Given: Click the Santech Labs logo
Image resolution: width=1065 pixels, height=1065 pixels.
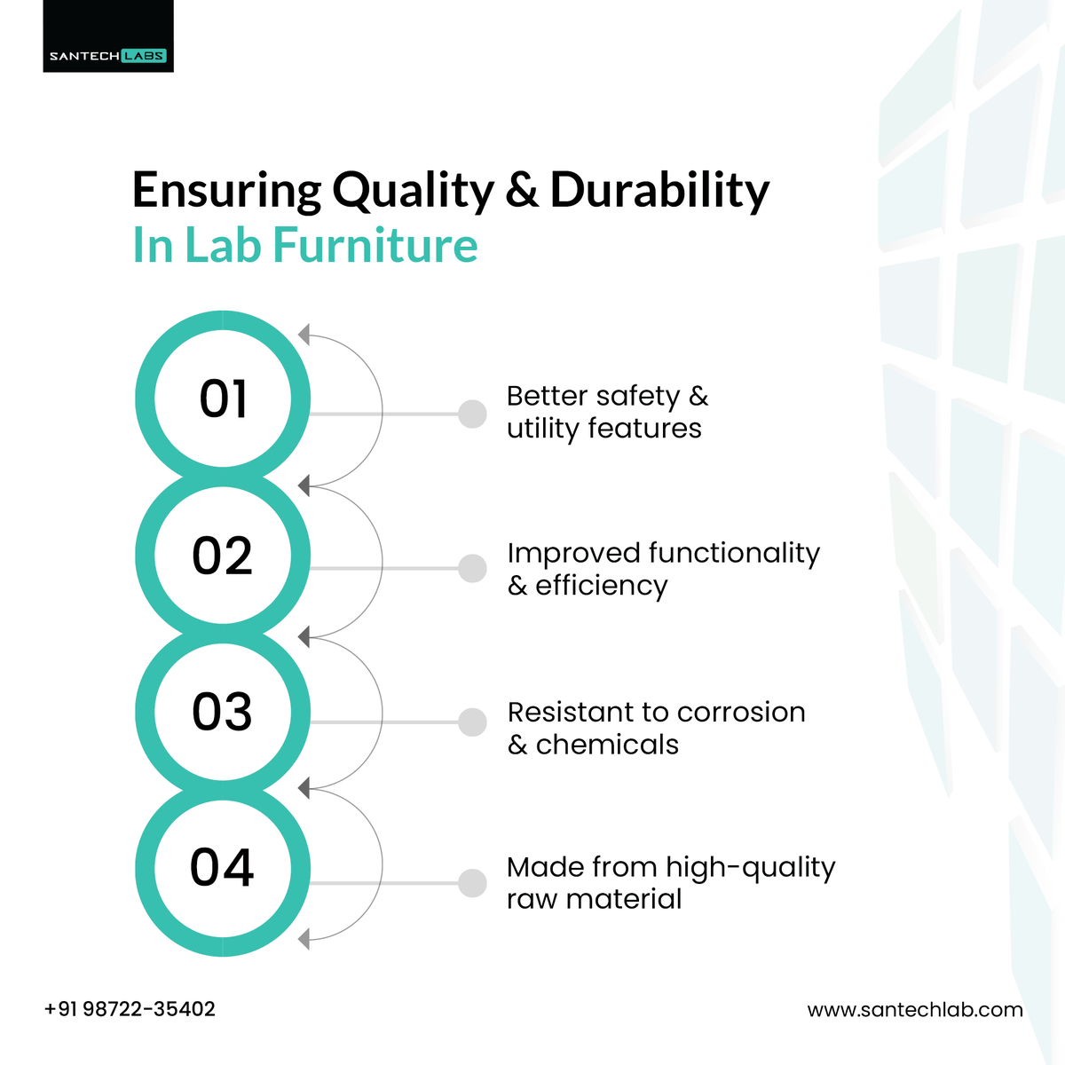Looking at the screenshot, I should [108, 55].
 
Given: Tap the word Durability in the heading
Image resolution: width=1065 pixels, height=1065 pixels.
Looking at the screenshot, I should [659, 191].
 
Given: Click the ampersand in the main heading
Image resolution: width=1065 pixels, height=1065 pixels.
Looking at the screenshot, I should [523, 191].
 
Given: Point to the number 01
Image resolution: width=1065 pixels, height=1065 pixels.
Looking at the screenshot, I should [223, 399].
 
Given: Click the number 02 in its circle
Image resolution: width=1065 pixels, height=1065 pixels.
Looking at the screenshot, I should [223, 556].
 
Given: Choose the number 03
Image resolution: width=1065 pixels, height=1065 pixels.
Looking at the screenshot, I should [223, 712].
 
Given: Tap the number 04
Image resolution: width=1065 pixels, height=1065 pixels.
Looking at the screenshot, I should [223, 867].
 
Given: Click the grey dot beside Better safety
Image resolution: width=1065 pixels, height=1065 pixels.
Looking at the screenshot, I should [472, 414].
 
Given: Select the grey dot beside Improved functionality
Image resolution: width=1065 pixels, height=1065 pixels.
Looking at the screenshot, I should [472, 568].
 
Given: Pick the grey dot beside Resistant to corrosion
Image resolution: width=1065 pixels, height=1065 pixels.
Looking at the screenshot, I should [472, 722].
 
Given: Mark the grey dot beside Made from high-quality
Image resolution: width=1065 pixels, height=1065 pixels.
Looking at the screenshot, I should [472, 883].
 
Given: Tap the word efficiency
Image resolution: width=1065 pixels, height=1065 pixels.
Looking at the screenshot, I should [601, 586].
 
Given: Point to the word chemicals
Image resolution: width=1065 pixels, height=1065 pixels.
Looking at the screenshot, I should [607, 744].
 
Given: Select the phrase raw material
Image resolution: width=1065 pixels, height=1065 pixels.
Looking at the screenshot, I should [594, 899].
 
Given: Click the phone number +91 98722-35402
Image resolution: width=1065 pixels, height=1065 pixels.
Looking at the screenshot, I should [130, 1009].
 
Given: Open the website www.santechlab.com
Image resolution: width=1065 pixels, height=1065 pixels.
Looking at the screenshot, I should [914, 1010].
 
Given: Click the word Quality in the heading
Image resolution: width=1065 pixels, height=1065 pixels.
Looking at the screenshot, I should [414, 191].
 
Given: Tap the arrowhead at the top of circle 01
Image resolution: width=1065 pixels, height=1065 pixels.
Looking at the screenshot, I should [304, 335].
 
